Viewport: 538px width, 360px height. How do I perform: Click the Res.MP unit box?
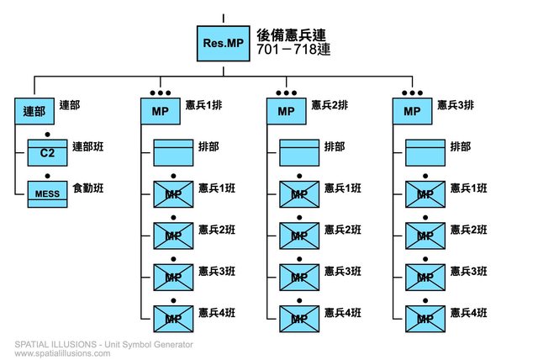click(x=223, y=43)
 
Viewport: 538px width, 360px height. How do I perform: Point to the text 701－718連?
click(x=291, y=51)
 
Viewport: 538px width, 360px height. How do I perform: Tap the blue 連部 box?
click(x=34, y=111)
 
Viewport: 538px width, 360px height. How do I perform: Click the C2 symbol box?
click(x=47, y=152)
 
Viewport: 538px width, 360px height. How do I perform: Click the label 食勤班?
click(x=88, y=188)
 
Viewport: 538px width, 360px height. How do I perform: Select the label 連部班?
click(x=88, y=147)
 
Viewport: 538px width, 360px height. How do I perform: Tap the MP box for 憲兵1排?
click(x=160, y=111)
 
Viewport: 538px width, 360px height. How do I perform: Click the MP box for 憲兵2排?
click(x=286, y=111)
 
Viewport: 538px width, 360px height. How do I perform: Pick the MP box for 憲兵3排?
click(x=412, y=111)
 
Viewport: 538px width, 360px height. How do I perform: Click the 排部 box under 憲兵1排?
click(x=173, y=152)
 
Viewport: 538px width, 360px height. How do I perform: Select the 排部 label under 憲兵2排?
click(x=334, y=146)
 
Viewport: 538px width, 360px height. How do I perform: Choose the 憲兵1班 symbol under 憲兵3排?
click(x=425, y=193)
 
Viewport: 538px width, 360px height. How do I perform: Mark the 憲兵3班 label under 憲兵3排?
click(x=469, y=270)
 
